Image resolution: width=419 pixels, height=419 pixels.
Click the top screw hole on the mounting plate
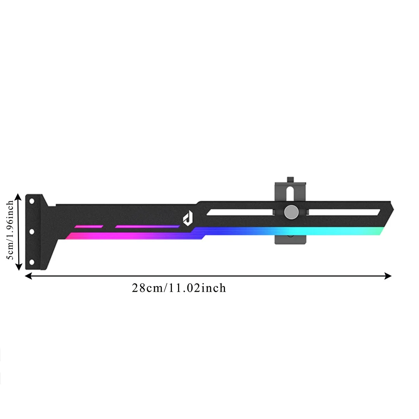[x=31, y=201]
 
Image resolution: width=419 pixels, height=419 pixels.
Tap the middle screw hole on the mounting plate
[x=31, y=232]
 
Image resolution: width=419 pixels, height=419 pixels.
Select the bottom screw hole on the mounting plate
[x=31, y=262]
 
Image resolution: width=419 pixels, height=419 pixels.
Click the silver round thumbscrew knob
[x=291, y=212]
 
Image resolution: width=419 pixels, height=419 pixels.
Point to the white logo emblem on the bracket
[x=188, y=218]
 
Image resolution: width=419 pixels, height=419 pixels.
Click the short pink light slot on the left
[x=89, y=227]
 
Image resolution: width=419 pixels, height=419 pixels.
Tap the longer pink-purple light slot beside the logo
[x=147, y=227]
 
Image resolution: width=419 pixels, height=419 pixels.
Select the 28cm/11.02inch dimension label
[x=179, y=288]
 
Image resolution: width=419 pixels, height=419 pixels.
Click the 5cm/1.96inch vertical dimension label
[x=10, y=230]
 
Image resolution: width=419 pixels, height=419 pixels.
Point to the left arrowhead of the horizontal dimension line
[x=28, y=276]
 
